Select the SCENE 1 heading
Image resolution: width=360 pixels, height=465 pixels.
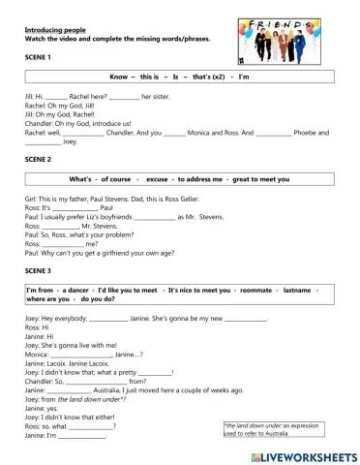[x=38, y=57]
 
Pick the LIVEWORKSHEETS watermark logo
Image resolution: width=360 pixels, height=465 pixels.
[x=301, y=454]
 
